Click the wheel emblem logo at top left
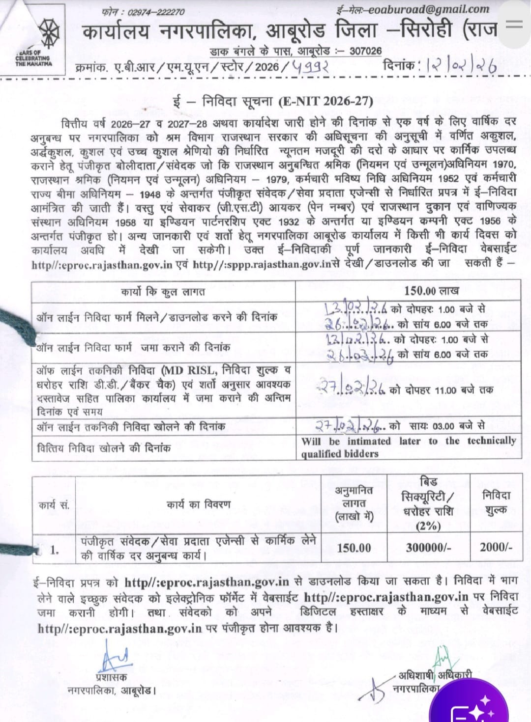coord(46,33)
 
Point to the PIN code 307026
coord(365,51)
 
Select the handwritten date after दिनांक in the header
coord(462,66)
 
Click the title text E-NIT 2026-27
coord(325,102)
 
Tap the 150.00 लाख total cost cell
coord(431,291)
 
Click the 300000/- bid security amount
coord(428,548)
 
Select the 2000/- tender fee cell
coord(496,547)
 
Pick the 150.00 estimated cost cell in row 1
coord(354,548)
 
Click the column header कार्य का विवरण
coord(198,504)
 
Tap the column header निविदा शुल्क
coord(496,503)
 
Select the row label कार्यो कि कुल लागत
coord(163,292)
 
